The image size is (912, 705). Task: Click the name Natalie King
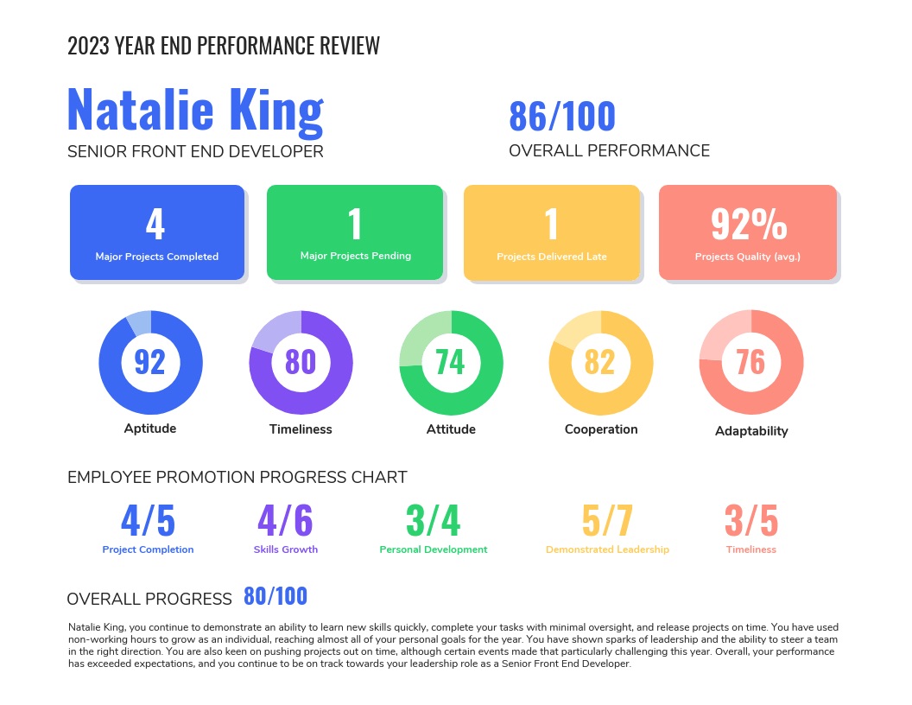(x=194, y=111)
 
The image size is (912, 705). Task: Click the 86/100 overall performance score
(x=562, y=117)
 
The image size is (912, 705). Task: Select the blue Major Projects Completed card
(x=156, y=232)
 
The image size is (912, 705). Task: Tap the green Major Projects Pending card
(x=355, y=232)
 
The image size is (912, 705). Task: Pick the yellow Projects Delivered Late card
(x=552, y=232)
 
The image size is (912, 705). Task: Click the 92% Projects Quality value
(x=749, y=224)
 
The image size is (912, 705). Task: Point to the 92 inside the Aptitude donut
(x=150, y=361)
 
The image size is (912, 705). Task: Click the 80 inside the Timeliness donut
(x=301, y=361)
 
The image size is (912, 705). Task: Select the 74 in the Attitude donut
(x=450, y=361)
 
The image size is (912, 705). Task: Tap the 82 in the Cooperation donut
(x=600, y=361)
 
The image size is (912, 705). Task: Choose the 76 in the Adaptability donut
(x=750, y=361)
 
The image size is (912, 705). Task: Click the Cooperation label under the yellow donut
(x=601, y=429)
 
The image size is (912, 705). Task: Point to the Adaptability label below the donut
(x=751, y=431)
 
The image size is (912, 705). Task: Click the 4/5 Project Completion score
(x=148, y=521)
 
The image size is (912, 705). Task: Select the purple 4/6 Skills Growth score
(x=285, y=521)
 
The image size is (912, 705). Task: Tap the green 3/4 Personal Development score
(x=434, y=521)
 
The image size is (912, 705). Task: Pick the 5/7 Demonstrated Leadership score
(x=607, y=521)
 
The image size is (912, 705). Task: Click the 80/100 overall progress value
(x=275, y=596)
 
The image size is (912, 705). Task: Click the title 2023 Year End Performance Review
(x=224, y=47)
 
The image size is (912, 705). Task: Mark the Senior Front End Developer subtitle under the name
(x=195, y=152)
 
